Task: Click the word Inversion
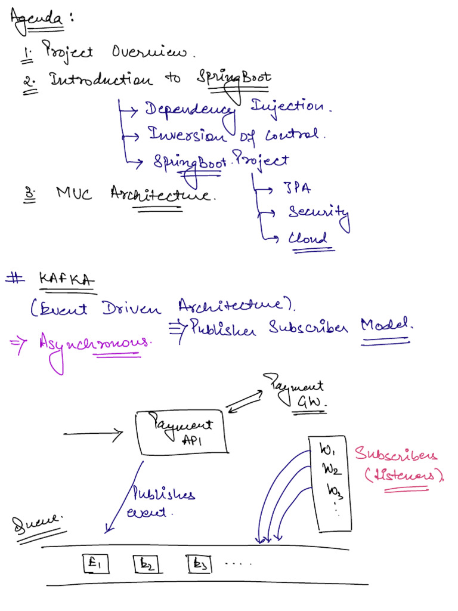pyautogui.click(x=187, y=135)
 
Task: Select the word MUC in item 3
pyautogui.click(x=75, y=193)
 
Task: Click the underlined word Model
pyautogui.click(x=386, y=326)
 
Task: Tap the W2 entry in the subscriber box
pyautogui.click(x=331, y=470)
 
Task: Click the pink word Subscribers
pyautogui.click(x=396, y=455)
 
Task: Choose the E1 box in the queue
pyautogui.click(x=95, y=563)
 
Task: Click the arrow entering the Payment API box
pyautogui.click(x=92, y=433)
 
